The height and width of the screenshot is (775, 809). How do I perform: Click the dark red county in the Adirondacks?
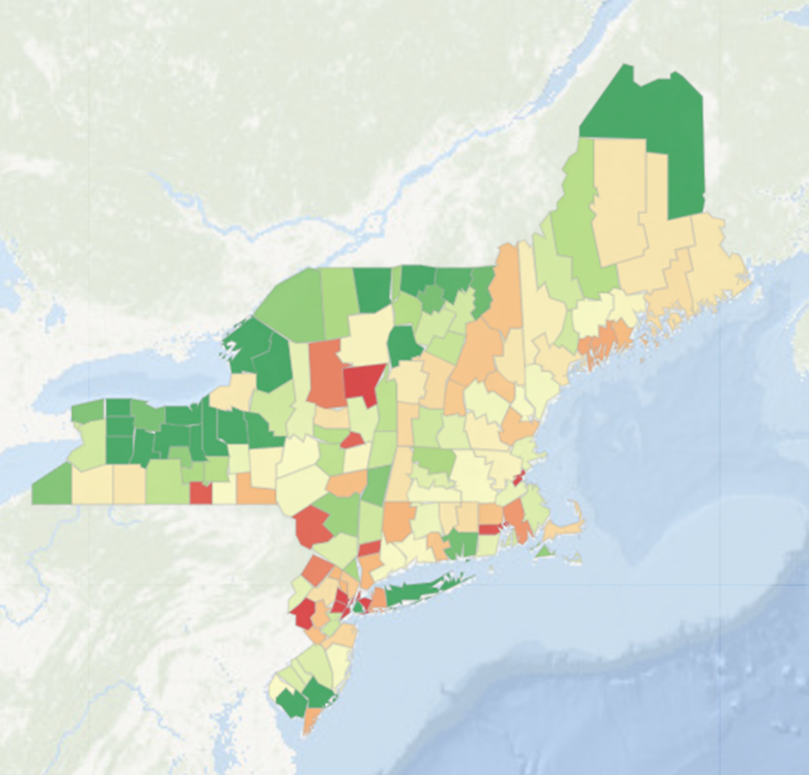(363, 383)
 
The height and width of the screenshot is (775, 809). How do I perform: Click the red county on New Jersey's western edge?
(302, 613)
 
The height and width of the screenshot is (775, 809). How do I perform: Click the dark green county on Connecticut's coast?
(462, 543)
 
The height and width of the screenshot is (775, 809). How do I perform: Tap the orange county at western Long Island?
(378, 599)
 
